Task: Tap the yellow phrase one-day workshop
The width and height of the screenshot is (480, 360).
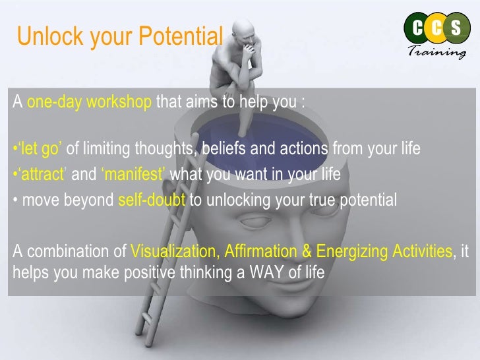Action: click(x=90, y=104)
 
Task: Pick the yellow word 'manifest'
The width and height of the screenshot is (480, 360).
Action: click(x=135, y=175)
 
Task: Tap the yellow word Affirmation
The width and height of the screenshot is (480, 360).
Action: click(x=259, y=252)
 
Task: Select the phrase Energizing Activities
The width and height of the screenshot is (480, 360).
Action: click(x=384, y=252)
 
